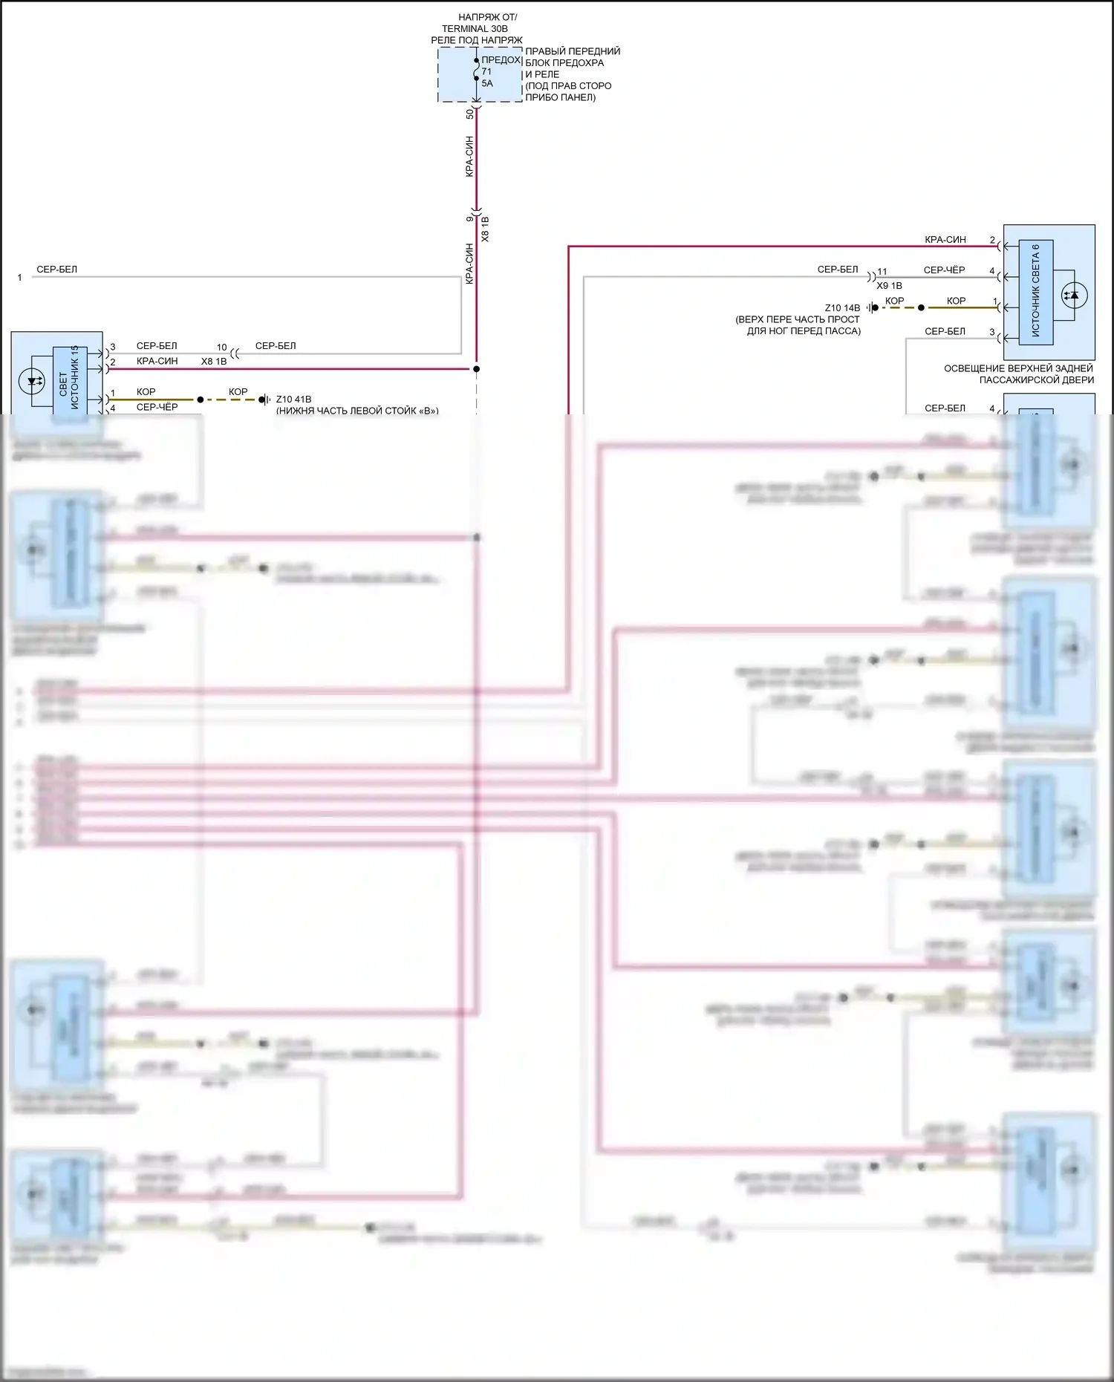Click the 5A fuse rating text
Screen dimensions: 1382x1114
pos(487,83)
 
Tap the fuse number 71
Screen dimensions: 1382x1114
pos(486,71)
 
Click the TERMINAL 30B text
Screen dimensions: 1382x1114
pos(475,28)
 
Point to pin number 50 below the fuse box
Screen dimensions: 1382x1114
pos(469,114)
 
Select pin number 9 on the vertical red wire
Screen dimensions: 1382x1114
pos(469,218)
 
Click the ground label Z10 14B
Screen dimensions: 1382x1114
pos(842,307)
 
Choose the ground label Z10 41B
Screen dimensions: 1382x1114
pos(293,399)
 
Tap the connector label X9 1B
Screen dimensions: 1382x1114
pos(889,285)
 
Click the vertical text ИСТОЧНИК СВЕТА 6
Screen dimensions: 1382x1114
pos(1035,291)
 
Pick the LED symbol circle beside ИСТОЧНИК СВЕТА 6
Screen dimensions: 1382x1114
pos(1073,295)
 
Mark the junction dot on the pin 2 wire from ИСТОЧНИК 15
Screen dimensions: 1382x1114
pos(476,368)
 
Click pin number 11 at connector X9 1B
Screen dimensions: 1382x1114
pos(882,272)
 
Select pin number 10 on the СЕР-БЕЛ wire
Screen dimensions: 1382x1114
pos(221,347)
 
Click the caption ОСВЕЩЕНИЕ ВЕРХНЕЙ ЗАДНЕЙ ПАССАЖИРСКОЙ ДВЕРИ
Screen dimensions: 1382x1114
pos(1018,374)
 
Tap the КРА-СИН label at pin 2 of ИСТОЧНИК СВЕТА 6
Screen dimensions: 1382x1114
pos(945,239)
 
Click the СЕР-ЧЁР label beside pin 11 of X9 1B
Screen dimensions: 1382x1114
pos(944,270)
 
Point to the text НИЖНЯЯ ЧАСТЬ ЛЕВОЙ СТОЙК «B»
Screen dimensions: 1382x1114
pos(357,410)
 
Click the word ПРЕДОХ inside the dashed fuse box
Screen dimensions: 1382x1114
pos(501,59)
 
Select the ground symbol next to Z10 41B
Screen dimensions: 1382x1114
pos(264,400)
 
